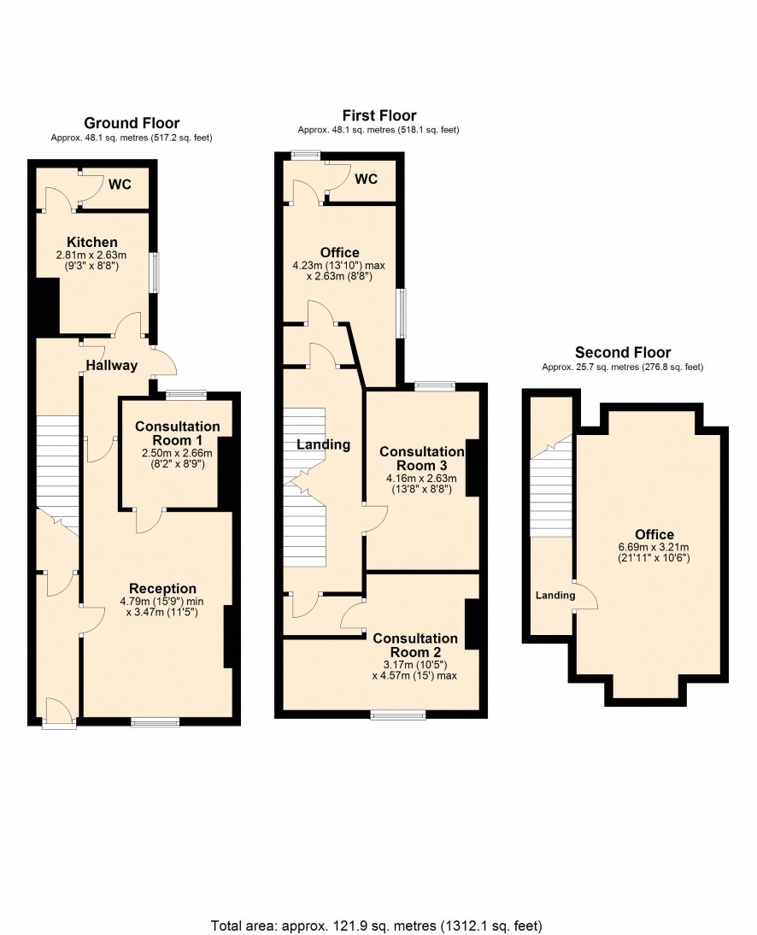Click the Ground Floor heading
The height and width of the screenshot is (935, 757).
coord(132,123)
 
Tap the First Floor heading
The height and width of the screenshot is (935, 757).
coord(379,115)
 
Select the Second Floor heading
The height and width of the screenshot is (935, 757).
coord(623,352)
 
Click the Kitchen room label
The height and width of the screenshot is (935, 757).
coord(91,242)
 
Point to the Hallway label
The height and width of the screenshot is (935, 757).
coord(111,366)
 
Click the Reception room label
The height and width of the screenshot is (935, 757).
coord(162,589)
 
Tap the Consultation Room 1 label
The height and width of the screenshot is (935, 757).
coord(178,433)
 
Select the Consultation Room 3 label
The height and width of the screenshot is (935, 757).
coord(422,459)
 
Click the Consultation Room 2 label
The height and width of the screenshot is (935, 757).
coord(415,645)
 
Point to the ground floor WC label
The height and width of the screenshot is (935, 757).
coord(120,185)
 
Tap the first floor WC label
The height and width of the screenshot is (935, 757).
coord(366,179)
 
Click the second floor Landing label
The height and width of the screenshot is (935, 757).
coord(555,595)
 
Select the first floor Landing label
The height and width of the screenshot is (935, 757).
coord(324,444)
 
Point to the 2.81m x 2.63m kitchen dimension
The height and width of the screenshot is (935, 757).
coord(91,255)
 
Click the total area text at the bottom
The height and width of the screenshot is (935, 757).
coord(377,926)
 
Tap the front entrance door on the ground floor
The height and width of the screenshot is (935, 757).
coord(60,714)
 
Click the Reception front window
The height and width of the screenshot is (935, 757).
coord(155,723)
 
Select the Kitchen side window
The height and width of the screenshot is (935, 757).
coord(155,273)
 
